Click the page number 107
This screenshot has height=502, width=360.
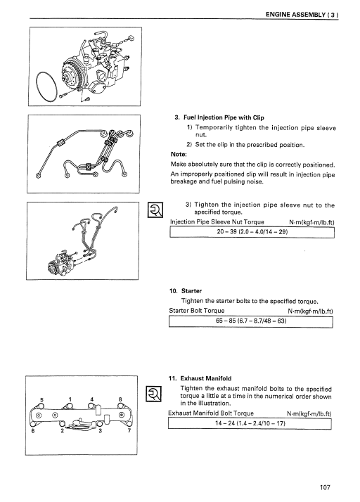point(325,487)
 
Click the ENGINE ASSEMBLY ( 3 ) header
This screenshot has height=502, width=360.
point(302,15)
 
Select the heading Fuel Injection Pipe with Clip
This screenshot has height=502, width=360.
point(219,117)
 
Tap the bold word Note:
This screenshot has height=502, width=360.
point(179,154)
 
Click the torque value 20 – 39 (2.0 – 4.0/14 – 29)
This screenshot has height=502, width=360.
point(252,231)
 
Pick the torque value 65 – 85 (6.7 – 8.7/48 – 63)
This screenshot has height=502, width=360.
point(251,321)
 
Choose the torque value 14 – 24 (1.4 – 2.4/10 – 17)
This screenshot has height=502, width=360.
point(250,423)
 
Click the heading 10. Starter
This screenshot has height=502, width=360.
point(186,291)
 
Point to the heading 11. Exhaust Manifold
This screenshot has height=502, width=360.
point(200,378)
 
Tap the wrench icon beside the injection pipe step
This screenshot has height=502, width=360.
point(155,210)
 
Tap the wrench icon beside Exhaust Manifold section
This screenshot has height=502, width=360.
point(154,394)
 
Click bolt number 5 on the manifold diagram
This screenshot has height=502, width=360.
point(41,399)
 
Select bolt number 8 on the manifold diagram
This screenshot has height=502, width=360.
point(120,399)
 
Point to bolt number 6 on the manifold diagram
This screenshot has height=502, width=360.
point(33,430)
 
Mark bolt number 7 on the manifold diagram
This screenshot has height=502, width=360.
point(129,430)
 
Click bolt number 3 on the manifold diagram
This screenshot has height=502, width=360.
point(100,430)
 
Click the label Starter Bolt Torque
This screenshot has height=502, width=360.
point(197,311)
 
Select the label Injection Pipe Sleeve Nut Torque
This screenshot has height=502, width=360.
point(217,222)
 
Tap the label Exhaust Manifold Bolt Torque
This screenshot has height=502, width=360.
point(211,413)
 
